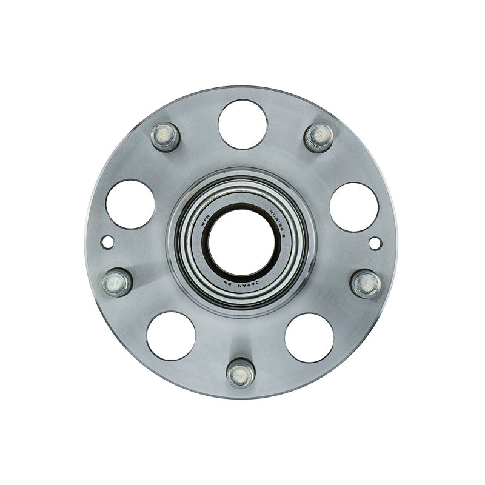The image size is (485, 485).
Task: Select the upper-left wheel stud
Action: tap(165, 136)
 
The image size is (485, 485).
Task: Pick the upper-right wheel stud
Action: tap(318, 136)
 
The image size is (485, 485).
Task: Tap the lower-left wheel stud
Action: tap(117, 281)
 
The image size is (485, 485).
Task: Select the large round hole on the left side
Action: tap(130, 204)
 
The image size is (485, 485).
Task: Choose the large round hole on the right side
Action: tap(354, 206)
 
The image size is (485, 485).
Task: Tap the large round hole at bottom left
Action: tap(171, 336)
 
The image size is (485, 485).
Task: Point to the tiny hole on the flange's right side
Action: tap(375, 243)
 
